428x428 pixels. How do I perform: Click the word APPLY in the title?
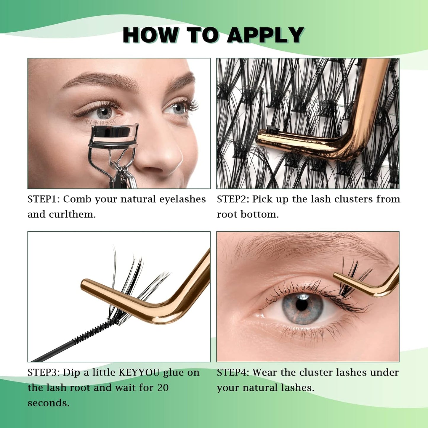pos(265,35)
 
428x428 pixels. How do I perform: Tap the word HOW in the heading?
pos(150,35)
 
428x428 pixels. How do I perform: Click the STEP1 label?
pos(44,199)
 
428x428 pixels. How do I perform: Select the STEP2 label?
pos(233,199)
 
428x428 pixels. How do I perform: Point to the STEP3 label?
pos(44,372)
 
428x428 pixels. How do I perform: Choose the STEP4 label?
pos(233,372)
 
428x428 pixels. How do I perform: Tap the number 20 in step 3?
pos(163,387)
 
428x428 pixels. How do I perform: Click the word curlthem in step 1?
pos(72,214)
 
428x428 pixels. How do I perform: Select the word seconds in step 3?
pos(48,403)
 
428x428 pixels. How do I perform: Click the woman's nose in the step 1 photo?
pos(166,154)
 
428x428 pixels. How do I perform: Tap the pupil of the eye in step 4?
pos(302,305)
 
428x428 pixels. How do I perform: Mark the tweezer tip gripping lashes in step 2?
pos(270,130)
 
